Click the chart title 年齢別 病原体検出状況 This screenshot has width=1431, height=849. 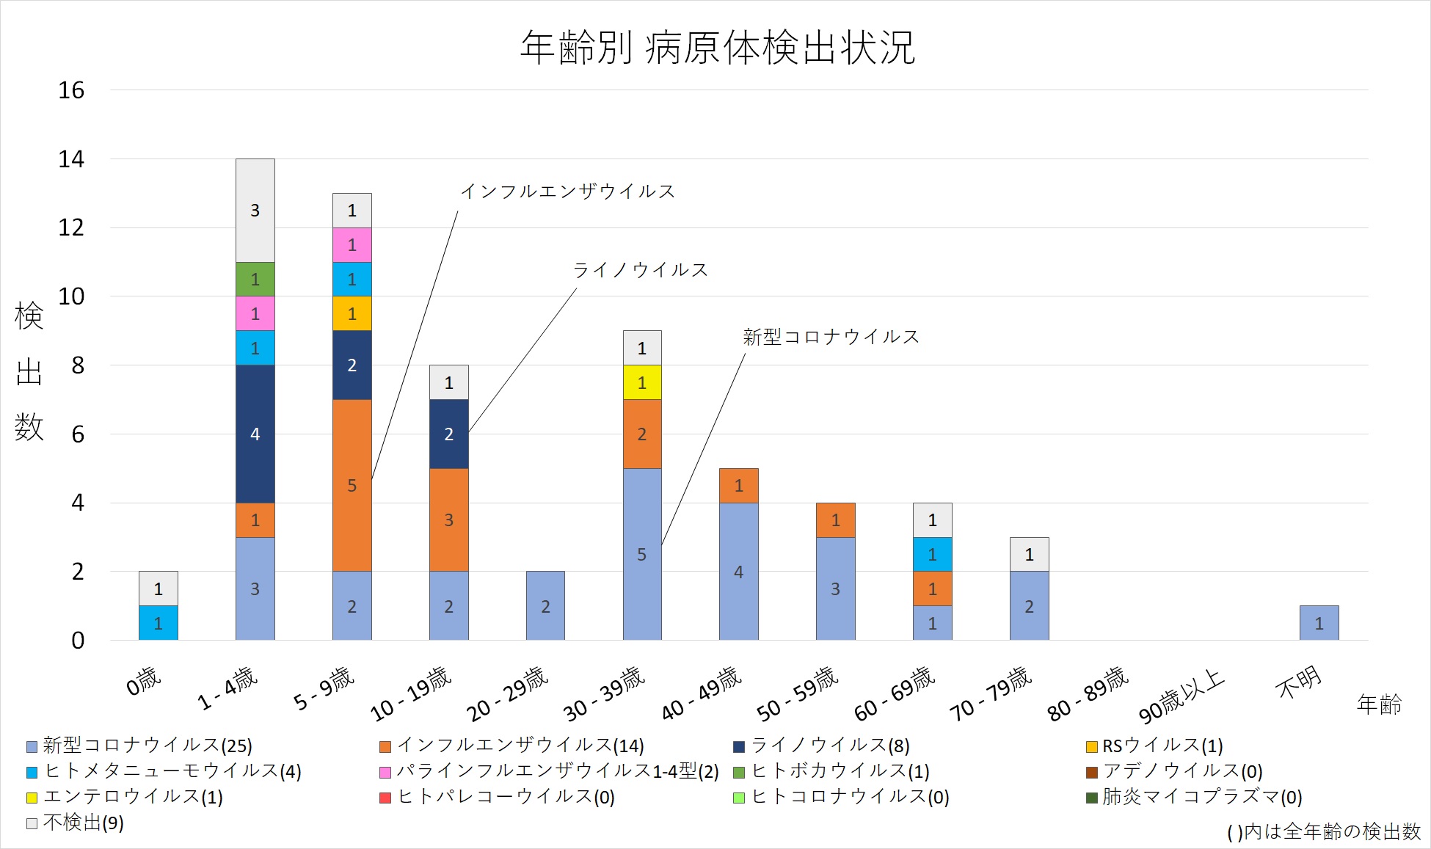[717, 48]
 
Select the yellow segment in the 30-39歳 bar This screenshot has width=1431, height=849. [642, 382]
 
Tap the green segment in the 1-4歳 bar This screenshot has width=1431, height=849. [255, 280]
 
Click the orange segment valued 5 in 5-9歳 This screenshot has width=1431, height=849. [352, 485]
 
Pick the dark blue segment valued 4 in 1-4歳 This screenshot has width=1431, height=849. [255, 434]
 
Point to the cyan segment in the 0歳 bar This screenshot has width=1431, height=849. [158, 623]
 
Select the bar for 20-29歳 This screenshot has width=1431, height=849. [545, 606]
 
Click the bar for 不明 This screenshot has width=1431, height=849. [1319, 623]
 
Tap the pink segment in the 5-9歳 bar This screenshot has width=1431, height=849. [352, 245]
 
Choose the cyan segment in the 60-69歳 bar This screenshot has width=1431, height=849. [932, 555]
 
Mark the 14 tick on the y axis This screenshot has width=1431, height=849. [71, 159]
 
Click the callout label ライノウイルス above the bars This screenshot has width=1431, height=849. [640, 270]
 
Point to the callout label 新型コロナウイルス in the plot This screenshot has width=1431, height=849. [831, 337]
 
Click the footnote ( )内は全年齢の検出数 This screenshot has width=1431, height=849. [1323, 831]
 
